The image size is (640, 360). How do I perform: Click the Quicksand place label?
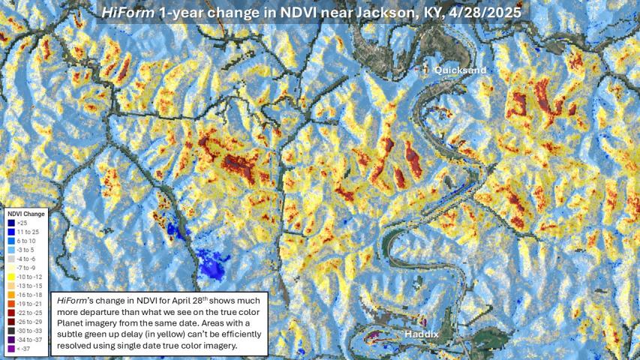tap(460, 70)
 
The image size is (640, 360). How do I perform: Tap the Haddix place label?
tap(422, 333)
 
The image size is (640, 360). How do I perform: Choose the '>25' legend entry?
tap(24, 222)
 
